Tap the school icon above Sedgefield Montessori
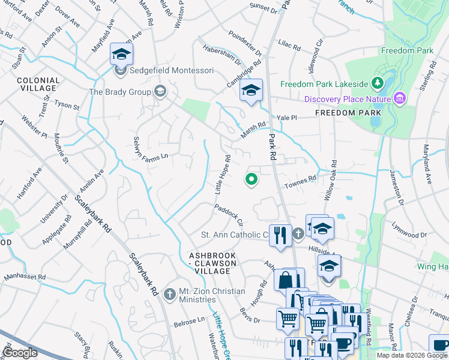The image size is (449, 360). (x=121, y=54)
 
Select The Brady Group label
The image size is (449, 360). (x=121, y=92)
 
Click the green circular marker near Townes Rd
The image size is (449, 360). (x=252, y=179)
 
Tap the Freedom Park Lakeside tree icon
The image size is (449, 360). (x=379, y=83)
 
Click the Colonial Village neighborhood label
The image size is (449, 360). (x=38, y=84)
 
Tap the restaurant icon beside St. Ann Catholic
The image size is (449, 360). (x=279, y=234)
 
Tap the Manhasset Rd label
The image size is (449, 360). (x=25, y=277)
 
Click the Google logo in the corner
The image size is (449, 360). (x=20, y=353)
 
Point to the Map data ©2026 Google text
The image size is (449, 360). (x=411, y=355)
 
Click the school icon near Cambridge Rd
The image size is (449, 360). (x=251, y=91)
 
